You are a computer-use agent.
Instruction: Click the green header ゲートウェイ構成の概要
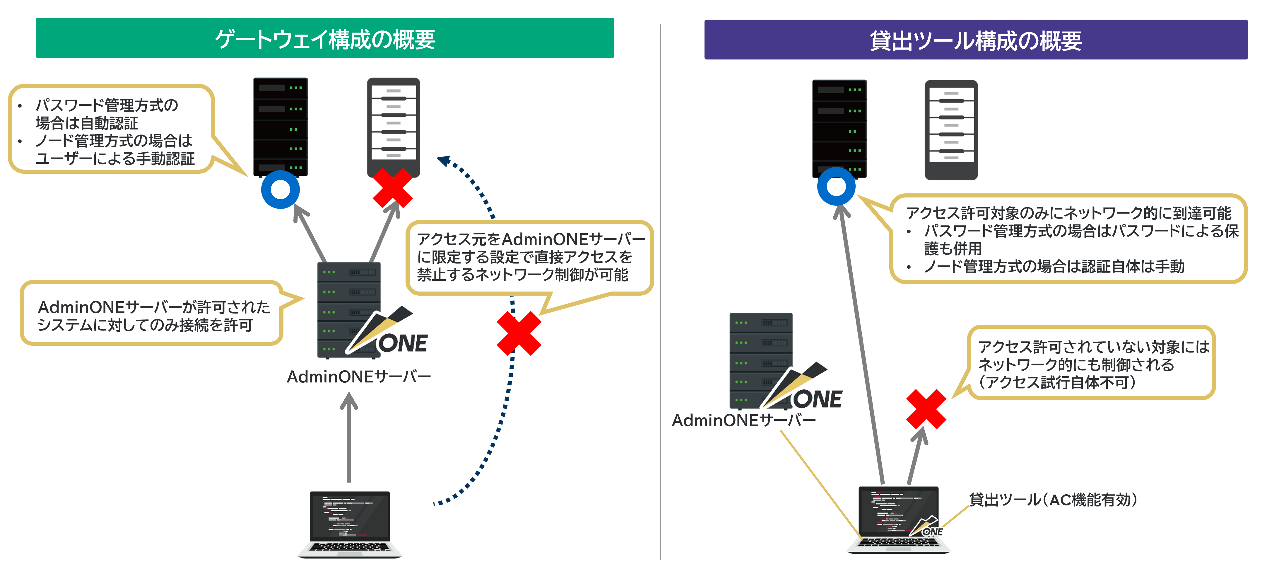click(325, 38)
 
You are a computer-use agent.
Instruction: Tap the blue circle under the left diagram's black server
click(280, 190)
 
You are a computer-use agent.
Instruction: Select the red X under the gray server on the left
click(392, 188)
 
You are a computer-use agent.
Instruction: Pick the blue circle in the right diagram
click(836, 187)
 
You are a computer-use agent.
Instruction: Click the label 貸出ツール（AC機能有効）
click(1053, 500)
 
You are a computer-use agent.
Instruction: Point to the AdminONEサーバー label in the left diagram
click(359, 377)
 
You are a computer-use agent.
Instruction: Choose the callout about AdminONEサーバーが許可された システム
click(153, 315)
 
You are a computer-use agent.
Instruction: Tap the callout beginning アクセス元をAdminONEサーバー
click(529, 257)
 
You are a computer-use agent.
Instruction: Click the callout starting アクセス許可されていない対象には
click(1092, 364)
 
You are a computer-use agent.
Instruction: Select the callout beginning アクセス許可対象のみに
click(1067, 239)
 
